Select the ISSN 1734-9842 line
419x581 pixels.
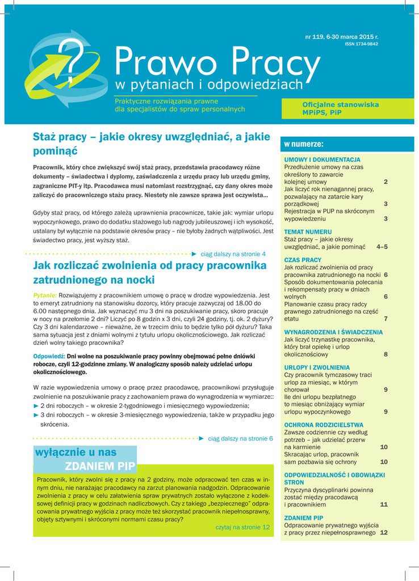pyautogui.click(x=362, y=44)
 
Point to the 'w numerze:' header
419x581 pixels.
pyautogui.click(x=304, y=144)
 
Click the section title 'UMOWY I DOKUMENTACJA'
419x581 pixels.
pyautogui.click(x=322, y=160)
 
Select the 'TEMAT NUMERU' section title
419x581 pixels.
pyautogui.click(x=308, y=232)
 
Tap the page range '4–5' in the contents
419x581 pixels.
pyautogui.click(x=382, y=247)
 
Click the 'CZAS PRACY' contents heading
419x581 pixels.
pyautogui.click(x=303, y=260)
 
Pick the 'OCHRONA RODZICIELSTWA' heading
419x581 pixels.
pyautogui.click(x=324, y=425)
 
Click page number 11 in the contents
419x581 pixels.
pyautogui.click(x=384, y=504)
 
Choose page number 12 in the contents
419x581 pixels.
pyautogui.click(x=384, y=533)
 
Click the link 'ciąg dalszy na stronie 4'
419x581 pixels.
pyautogui.click(x=233, y=254)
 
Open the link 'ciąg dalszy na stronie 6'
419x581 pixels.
pyautogui.click(x=241, y=439)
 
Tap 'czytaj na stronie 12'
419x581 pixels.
pyautogui.click(x=242, y=527)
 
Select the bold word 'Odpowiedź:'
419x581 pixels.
pyautogui.click(x=49, y=356)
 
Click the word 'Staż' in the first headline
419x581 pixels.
pyautogui.click(x=46, y=137)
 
